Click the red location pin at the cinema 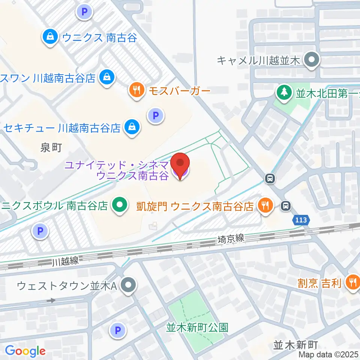tap(180, 164)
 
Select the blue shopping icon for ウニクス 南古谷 tap(49, 37)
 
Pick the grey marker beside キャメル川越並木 tap(311, 60)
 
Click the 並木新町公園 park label tap(197, 327)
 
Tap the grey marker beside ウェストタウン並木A tap(129, 286)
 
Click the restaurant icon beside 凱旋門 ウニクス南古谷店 tap(265, 205)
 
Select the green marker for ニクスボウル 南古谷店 tap(120, 205)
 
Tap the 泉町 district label tap(51, 148)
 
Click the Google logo tap(25, 351)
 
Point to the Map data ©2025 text tap(328, 354)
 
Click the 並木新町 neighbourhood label tap(296, 344)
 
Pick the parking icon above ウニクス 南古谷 tap(84, 12)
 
